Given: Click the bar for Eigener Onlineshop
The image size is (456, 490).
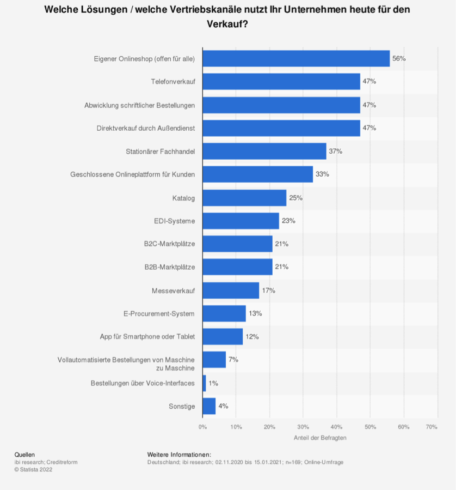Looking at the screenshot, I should click(296, 58).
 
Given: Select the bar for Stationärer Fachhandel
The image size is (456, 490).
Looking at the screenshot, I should click(264, 151).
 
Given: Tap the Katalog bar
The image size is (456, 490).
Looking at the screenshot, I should click(244, 198).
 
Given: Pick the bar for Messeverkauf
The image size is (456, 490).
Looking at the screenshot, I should click(231, 291).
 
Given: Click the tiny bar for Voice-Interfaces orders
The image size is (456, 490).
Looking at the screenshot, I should click(204, 383).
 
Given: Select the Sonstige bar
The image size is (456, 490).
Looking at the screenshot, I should click(209, 406).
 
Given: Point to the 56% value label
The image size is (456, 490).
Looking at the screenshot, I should click(399, 58).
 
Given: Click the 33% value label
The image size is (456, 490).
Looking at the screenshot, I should click(322, 174).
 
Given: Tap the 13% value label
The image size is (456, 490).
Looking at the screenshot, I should click(255, 313).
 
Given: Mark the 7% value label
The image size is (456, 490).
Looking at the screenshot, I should click(233, 360).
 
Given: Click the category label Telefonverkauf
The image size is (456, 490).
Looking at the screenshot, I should click(172, 82).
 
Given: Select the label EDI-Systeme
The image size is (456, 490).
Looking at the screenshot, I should click(174, 221).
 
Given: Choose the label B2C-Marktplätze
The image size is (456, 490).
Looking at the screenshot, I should click(169, 244).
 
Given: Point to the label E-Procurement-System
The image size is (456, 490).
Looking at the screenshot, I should click(159, 313).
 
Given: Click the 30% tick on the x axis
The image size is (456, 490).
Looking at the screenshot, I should click(303, 427).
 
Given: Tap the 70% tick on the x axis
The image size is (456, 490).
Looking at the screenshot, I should click(432, 427).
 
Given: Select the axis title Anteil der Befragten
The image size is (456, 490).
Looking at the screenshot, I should click(320, 438).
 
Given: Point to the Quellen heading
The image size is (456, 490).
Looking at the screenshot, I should click(24, 454).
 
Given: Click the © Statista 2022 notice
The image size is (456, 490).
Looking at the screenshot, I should click(33, 469).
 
